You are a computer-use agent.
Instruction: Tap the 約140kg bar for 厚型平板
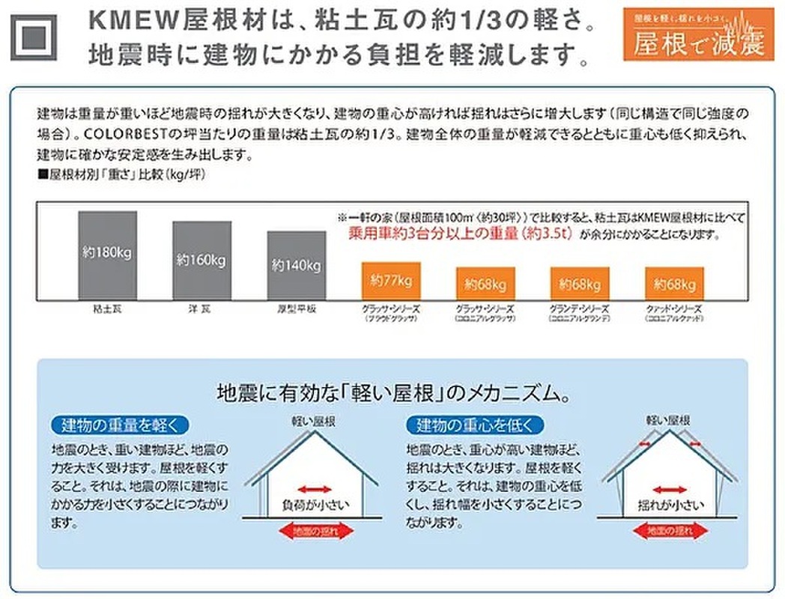coord(296,266)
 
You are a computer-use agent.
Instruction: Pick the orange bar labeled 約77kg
coord(390,282)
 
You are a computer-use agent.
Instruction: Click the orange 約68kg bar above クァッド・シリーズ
coord(673,284)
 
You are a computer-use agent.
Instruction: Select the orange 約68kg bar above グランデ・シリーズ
coord(579,284)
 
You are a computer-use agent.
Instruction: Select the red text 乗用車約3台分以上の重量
coord(460,233)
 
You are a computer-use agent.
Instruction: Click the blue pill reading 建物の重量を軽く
coord(119,426)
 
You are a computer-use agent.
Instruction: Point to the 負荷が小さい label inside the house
coord(315,502)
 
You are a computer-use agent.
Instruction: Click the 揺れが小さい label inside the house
coord(670,502)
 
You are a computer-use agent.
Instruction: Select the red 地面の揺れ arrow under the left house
coord(315,531)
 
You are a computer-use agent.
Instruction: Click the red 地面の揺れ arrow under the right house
coord(670,531)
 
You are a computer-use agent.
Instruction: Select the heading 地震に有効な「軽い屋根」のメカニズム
coord(392,392)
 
